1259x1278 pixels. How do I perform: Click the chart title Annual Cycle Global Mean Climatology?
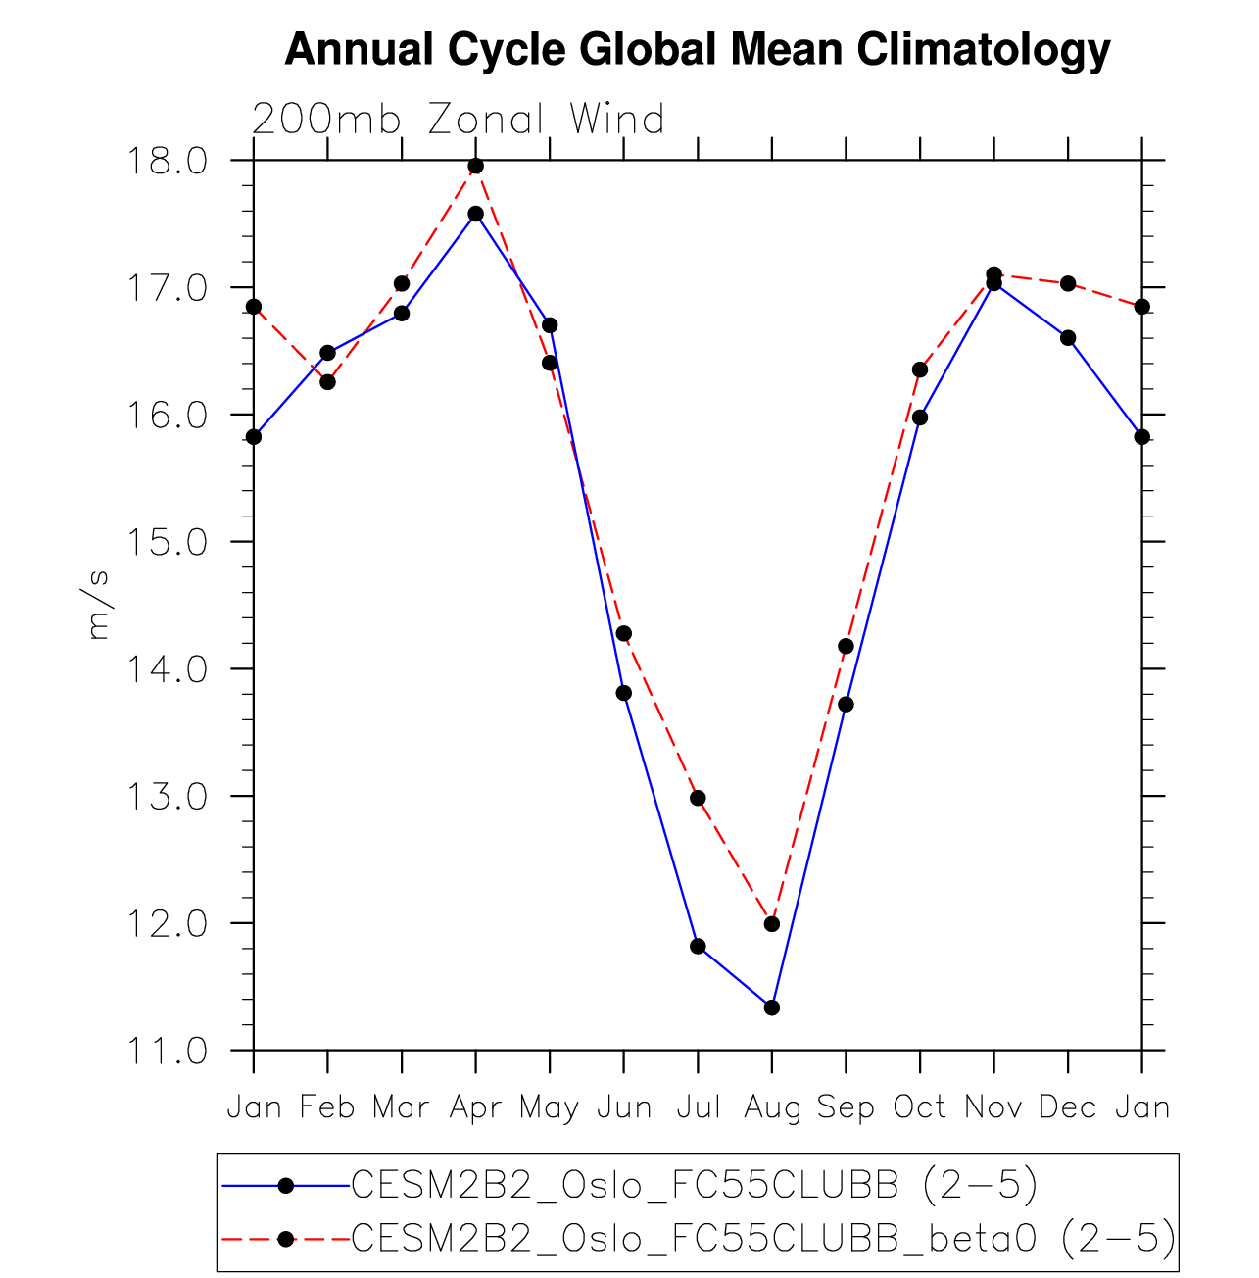[697, 49]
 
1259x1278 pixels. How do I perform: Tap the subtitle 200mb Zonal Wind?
[459, 120]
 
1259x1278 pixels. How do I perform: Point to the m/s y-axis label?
[99, 604]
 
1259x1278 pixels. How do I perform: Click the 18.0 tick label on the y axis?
[164, 160]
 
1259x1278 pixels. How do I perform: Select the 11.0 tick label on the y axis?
[164, 1051]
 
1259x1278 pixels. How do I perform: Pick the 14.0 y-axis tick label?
[164, 669]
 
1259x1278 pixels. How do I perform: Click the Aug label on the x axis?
[772, 1107]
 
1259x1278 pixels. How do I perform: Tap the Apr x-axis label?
[475, 1107]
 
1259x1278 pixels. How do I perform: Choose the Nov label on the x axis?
[993, 1107]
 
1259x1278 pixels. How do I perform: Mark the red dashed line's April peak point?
[476, 166]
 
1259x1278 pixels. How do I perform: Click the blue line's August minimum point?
[772, 1008]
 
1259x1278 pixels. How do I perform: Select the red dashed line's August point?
[772, 924]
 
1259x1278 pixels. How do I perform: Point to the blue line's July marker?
[698, 946]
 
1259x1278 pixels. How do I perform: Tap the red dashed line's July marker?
[698, 798]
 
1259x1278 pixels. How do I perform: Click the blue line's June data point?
[623, 693]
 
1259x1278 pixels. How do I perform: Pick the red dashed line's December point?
[1068, 283]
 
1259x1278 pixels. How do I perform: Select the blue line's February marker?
[327, 353]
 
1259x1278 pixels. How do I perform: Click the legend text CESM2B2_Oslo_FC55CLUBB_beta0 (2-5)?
[762, 1239]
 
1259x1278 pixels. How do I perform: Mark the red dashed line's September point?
[846, 646]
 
